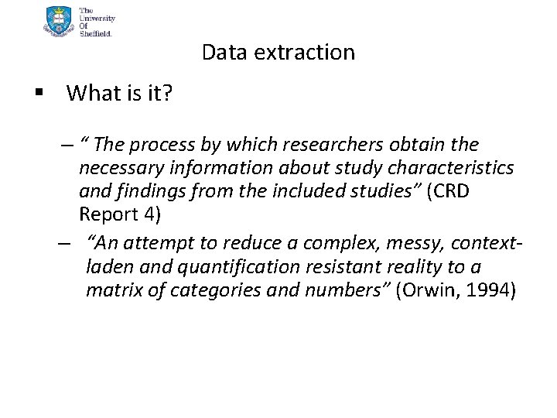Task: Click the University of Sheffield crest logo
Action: [x=60, y=21]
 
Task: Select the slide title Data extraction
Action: [x=278, y=52]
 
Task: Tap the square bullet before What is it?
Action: [x=36, y=94]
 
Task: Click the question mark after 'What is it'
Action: [x=167, y=94]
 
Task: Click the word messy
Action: [x=405, y=244]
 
